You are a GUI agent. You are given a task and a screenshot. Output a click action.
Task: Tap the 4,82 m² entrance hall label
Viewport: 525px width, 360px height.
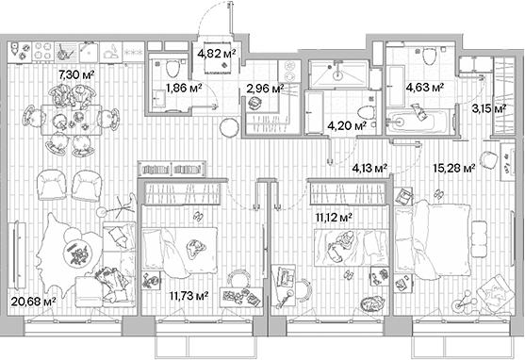click(x=216, y=55)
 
